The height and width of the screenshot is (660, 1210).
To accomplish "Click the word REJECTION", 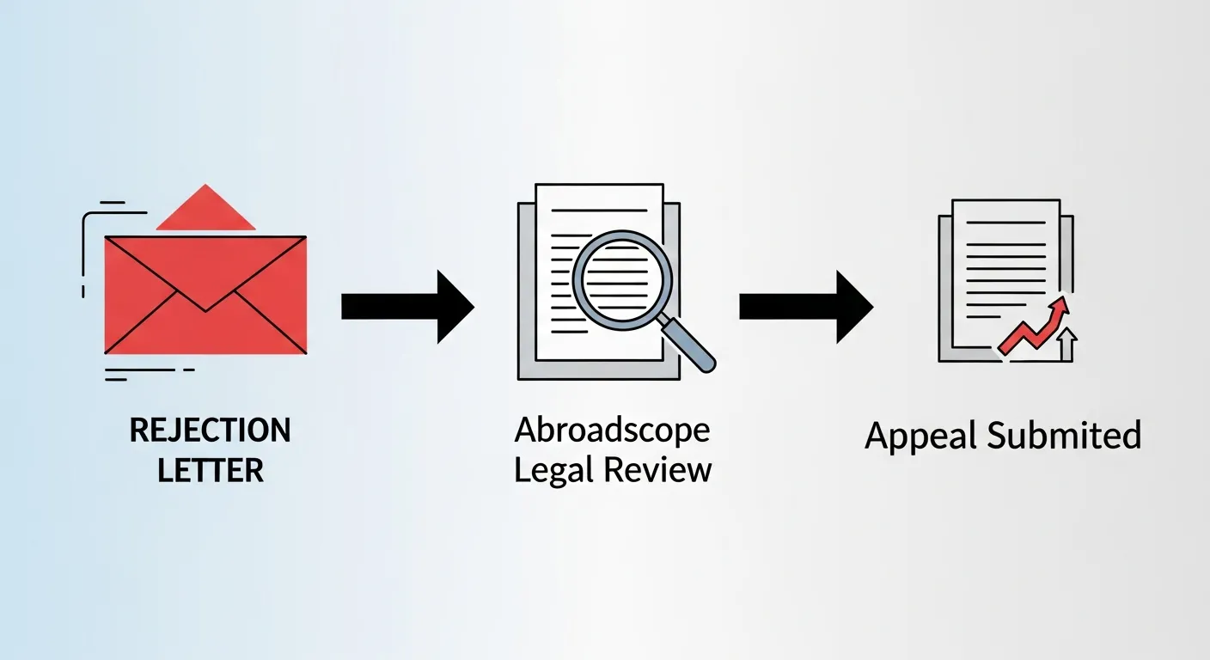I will [x=210, y=431].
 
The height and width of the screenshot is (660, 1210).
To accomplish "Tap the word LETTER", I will [x=210, y=470].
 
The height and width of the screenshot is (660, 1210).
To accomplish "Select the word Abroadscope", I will [x=613, y=430].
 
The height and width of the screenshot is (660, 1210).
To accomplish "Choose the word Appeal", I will [x=921, y=436].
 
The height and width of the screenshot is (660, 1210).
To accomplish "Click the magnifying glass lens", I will [x=621, y=277].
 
